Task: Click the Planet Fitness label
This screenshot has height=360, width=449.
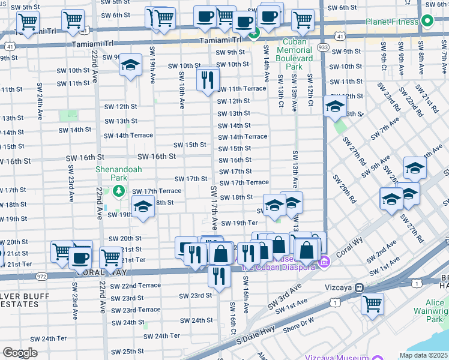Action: click(x=394, y=22)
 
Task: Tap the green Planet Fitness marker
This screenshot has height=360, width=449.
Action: click(x=427, y=22)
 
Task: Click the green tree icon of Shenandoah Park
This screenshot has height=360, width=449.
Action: click(x=119, y=191)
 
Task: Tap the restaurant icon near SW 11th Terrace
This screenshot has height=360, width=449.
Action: click(x=208, y=79)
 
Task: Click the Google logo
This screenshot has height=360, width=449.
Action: click(x=20, y=352)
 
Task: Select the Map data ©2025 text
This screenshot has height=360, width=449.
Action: click(x=423, y=355)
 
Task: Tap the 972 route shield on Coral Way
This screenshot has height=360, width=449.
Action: click(x=41, y=277)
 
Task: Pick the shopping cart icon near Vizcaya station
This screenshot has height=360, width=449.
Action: click(x=372, y=304)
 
